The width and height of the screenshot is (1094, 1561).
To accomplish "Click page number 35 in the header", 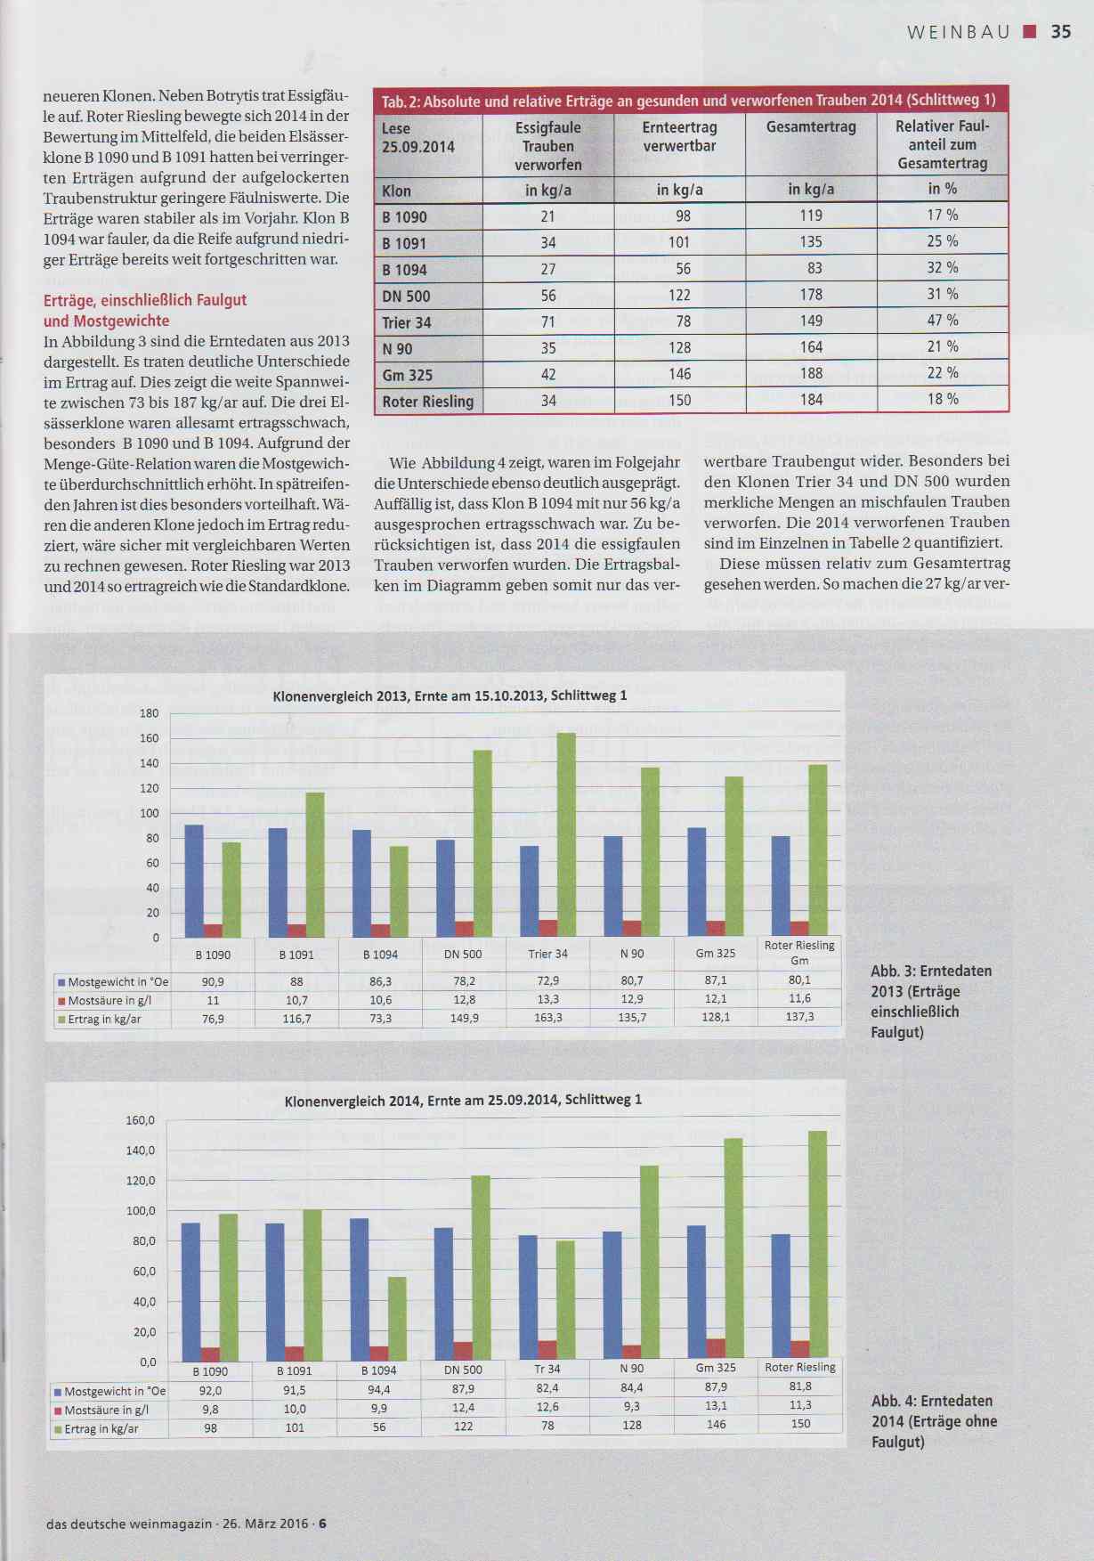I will click(x=1060, y=32).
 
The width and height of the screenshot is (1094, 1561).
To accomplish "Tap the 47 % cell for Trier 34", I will click(x=942, y=321).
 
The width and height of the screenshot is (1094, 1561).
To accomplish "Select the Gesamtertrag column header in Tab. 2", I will click(x=811, y=127).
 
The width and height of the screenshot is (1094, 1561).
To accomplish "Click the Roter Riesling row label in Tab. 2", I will click(x=428, y=402).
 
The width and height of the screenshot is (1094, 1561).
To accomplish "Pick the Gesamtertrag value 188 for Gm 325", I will click(x=811, y=374).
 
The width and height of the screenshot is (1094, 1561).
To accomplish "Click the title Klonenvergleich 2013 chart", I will click(x=450, y=695).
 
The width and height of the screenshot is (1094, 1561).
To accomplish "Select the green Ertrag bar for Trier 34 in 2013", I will click(x=566, y=833).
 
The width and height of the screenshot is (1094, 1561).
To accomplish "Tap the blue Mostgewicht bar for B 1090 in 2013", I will click(x=193, y=880).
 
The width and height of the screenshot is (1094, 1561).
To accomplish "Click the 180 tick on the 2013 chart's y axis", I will click(x=149, y=713).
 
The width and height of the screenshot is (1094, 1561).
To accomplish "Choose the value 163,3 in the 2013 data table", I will click(x=547, y=1018).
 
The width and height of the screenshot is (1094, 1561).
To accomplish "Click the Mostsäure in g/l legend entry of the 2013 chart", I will click(x=109, y=1000).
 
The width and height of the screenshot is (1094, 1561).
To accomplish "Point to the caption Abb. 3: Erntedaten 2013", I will click(x=930, y=1001).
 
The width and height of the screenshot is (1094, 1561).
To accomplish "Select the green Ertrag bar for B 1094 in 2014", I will click(x=397, y=1319).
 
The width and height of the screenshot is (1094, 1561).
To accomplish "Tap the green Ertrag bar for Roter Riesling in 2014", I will click(x=816, y=1246).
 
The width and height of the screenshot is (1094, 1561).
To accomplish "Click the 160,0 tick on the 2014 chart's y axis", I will click(x=141, y=1120).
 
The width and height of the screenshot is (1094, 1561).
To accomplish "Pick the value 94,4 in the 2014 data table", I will click(x=378, y=1389).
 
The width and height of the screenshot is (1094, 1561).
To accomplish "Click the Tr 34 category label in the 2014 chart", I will click(x=547, y=1369).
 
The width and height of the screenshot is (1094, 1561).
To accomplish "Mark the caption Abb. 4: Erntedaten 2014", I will click(x=933, y=1420).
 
